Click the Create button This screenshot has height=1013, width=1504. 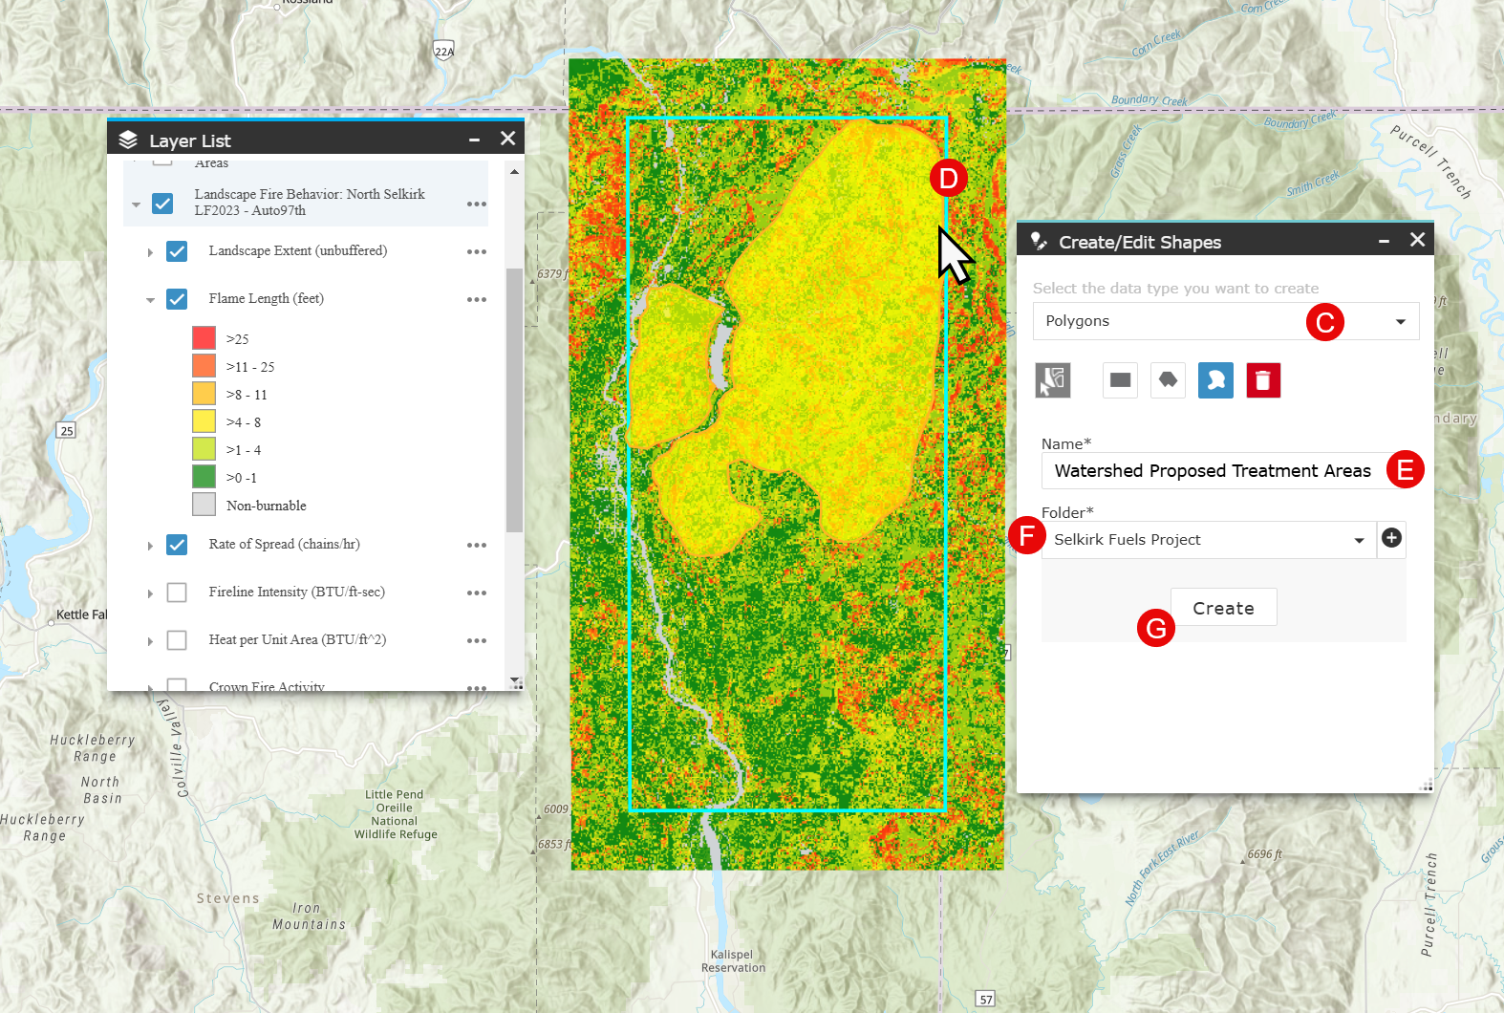tap(1223, 608)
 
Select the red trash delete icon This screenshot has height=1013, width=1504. tap(1263, 380)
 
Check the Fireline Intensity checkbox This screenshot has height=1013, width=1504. tap(177, 593)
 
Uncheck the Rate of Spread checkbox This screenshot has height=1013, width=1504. tap(177, 545)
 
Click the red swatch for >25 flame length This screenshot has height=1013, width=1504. tap(204, 338)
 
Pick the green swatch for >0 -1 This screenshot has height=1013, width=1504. tap(204, 477)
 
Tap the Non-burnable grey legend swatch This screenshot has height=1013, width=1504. tap(204, 505)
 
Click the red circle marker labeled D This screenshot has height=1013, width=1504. tap(948, 179)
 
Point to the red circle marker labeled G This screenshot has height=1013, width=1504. tap(1155, 628)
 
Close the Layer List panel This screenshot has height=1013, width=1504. tap(508, 140)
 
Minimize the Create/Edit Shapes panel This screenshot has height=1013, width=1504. tap(1384, 242)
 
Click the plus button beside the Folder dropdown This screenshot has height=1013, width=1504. tap(1391, 539)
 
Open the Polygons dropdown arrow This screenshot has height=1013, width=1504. tap(1400, 321)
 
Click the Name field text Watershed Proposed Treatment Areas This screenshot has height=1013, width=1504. tap(1212, 470)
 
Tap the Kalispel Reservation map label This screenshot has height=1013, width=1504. tap(733, 961)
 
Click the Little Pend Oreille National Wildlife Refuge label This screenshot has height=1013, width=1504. tap(395, 814)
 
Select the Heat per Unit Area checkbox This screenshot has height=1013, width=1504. tap(177, 640)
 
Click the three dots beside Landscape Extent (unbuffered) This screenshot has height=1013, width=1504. tap(476, 251)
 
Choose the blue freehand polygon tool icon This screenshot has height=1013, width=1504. tap(1215, 380)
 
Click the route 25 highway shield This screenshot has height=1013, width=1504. tap(66, 430)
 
